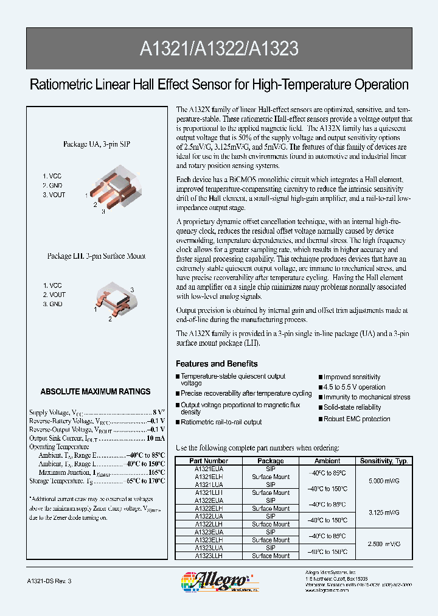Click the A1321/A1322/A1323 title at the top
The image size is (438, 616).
click(x=219, y=49)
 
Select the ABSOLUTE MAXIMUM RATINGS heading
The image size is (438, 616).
click(x=96, y=391)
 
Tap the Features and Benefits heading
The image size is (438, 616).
click(x=217, y=363)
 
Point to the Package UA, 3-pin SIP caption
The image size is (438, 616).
click(x=96, y=144)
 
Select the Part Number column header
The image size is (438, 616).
click(x=209, y=461)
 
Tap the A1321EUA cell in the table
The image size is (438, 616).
click(x=209, y=469)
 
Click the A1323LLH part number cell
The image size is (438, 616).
click(x=209, y=556)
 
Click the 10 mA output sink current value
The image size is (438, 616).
click(x=155, y=438)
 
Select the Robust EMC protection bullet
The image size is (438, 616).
click(x=356, y=419)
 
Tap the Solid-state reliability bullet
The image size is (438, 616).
click(x=352, y=407)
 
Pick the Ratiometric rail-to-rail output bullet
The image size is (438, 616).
click(x=221, y=422)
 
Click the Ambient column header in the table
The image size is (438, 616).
click(x=327, y=461)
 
